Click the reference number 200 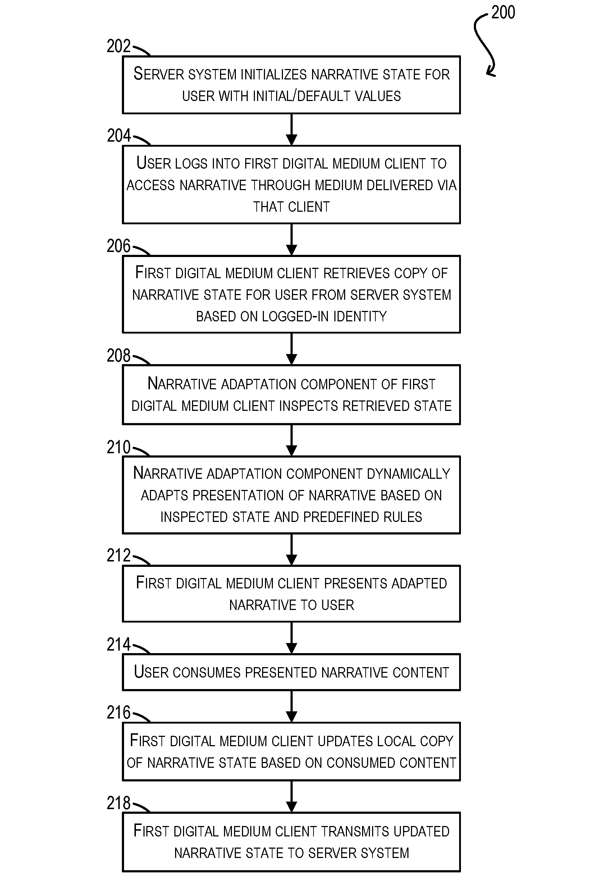point(503,13)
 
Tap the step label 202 point(119,46)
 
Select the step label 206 point(119,246)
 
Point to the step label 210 point(119,447)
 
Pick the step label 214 point(119,644)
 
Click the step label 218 point(119,803)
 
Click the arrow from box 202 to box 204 point(292,129)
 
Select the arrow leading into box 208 point(292,349)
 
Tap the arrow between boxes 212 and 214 point(292,638)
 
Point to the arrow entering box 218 point(292,797)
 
